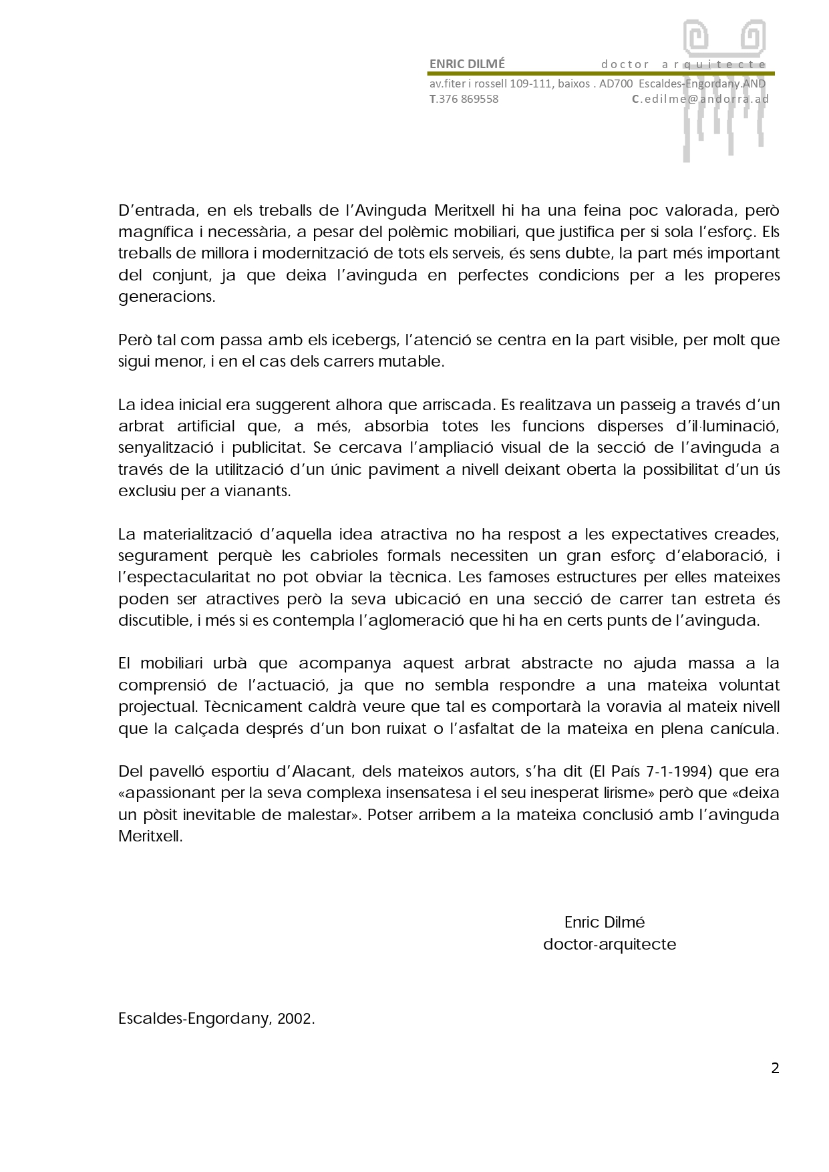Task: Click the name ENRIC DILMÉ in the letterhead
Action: coord(467,64)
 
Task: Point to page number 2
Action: coord(775,1068)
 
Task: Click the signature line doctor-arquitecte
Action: coord(609,944)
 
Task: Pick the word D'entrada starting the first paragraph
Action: coord(157,210)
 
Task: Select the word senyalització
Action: coord(161,447)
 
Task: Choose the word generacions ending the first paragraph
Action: coord(166,297)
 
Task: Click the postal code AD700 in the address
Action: coord(615,84)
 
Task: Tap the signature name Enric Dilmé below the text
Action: coord(605,922)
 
